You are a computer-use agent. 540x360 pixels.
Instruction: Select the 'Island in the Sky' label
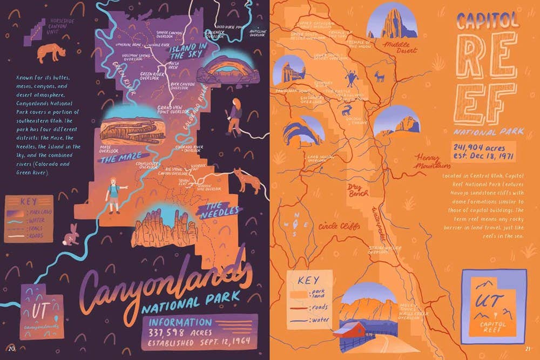pyautogui.click(x=187, y=51)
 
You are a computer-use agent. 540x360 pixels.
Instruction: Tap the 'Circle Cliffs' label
pyautogui.click(x=339, y=226)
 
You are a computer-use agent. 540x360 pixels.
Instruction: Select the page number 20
pyautogui.click(x=11, y=347)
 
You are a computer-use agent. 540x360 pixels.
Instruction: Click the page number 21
pyautogui.click(x=528, y=347)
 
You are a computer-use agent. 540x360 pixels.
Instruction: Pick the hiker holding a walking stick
pyautogui.click(x=234, y=117)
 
